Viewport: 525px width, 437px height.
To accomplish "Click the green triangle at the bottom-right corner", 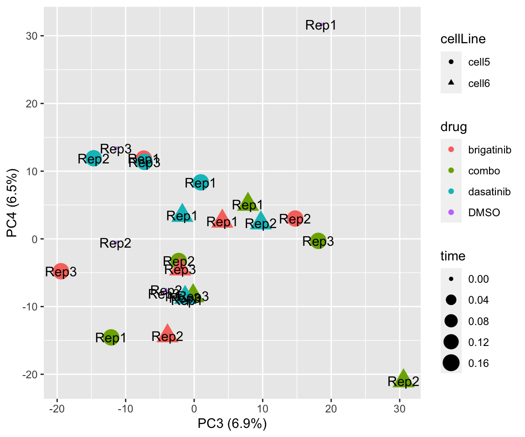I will pos(403,379).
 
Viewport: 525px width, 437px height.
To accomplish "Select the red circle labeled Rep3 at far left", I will pos(61,271).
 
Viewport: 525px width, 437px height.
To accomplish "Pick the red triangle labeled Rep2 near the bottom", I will pos(167,334).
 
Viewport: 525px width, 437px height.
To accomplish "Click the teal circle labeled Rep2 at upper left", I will pos(93,158).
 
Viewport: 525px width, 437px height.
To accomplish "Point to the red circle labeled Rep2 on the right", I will pos(295,218).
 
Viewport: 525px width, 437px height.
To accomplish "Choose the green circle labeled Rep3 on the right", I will pos(318,240).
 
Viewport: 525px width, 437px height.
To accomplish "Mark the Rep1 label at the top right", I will pos(321,25).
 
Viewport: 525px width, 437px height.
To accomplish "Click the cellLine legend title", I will pos(463,39).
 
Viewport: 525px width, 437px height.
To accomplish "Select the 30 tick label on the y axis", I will pos(32,36).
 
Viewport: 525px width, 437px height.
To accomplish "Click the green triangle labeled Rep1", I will pos(247,202).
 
